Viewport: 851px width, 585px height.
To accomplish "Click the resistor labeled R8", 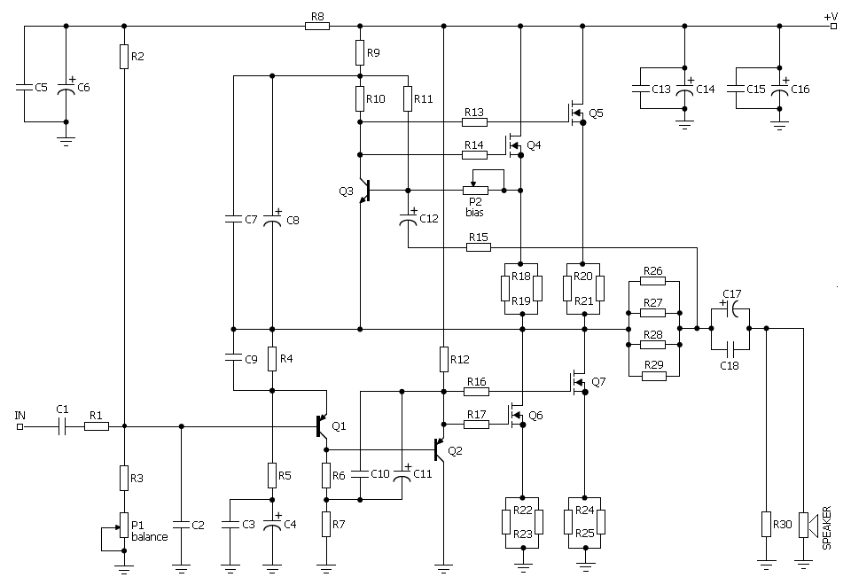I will click(x=317, y=27).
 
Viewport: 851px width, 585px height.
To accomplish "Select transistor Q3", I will click(x=363, y=191).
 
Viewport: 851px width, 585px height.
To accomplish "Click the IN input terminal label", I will click(x=20, y=415).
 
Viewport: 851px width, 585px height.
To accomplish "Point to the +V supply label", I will click(x=830, y=16).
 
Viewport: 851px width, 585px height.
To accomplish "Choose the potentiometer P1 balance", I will click(x=124, y=526).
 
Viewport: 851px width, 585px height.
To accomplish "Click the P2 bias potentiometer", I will click(x=477, y=190).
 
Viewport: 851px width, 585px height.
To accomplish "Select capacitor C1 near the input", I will click(x=62, y=426).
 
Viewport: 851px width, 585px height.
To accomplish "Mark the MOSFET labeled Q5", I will click(x=576, y=113).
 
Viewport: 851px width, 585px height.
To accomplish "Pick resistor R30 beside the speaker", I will click(x=766, y=525).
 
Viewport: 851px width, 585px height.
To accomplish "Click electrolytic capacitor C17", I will click(x=732, y=310).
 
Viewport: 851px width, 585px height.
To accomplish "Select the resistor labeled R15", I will click(x=478, y=246).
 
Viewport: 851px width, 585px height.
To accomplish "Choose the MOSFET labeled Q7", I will click(x=578, y=381).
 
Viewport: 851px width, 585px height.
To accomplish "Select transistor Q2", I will click(x=439, y=449).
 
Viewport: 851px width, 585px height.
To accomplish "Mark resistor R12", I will click(x=442, y=359).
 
